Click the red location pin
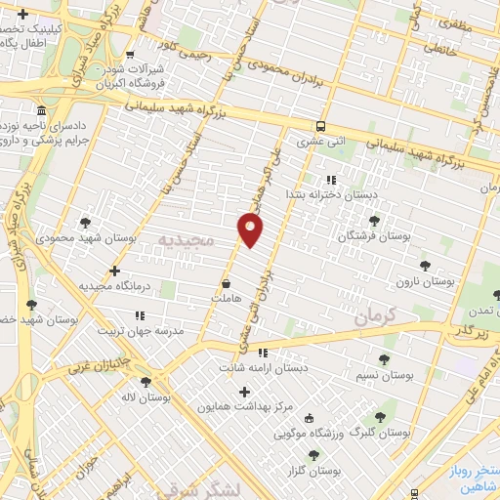click(x=251, y=229)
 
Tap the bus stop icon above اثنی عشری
click(x=321, y=126)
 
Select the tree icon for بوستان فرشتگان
click(x=375, y=222)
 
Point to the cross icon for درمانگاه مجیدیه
click(x=115, y=271)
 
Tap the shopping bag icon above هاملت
click(x=227, y=283)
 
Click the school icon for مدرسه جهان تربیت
click(x=139, y=315)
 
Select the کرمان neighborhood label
click(x=372, y=316)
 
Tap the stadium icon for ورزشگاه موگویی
click(x=310, y=417)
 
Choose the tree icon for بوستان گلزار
click(x=313, y=454)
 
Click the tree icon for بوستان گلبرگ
click(x=380, y=417)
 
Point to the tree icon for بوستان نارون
click(x=424, y=266)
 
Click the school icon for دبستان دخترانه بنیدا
click(x=331, y=180)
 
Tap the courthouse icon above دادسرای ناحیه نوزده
click(x=40, y=110)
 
